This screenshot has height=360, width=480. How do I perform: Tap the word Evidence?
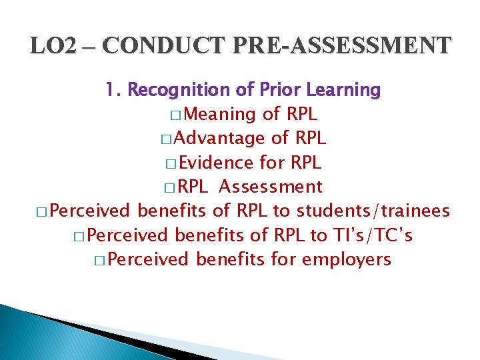[216, 163]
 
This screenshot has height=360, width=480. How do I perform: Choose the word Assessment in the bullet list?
[271, 187]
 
